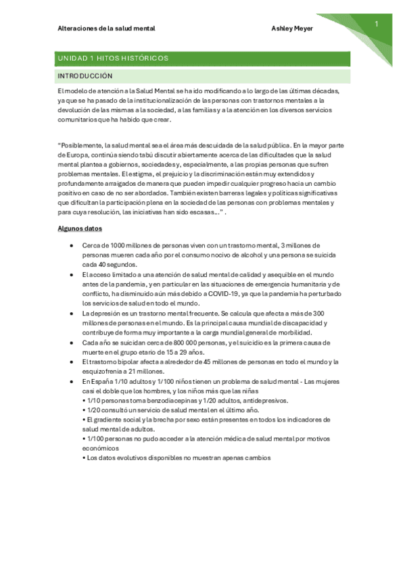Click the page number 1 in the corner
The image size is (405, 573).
click(x=376, y=25)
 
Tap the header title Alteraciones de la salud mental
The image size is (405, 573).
click(x=107, y=29)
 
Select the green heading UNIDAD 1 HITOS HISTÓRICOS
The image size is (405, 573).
click(x=114, y=59)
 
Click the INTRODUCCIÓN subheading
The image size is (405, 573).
click(x=85, y=76)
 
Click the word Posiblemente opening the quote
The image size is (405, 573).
click(x=82, y=144)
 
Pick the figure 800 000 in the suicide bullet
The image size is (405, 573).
click(x=175, y=343)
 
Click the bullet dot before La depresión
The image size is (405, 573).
click(x=72, y=314)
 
